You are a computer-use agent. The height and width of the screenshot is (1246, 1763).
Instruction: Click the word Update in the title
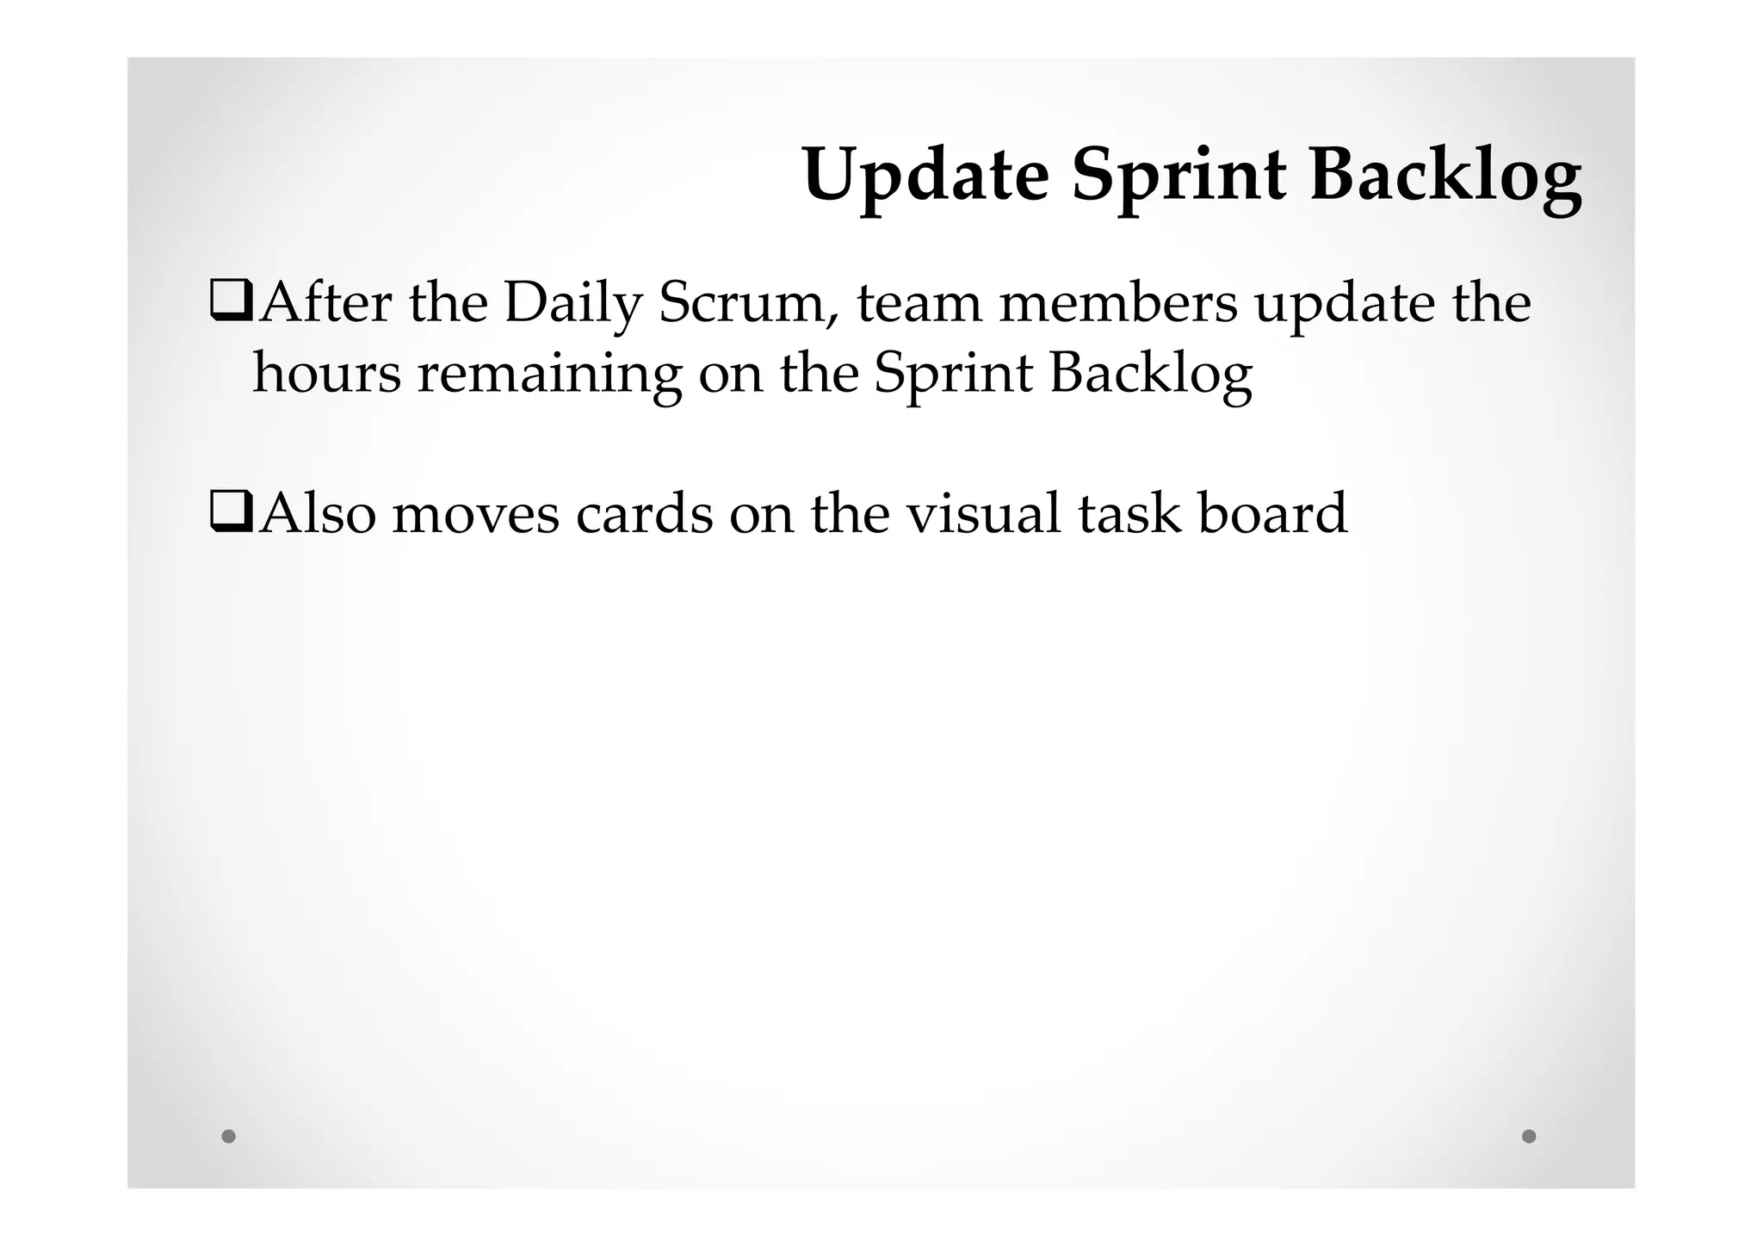click(925, 177)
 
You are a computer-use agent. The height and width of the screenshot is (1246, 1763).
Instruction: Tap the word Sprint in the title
click(1178, 177)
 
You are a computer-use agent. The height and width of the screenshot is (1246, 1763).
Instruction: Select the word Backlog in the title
click(1445, 177)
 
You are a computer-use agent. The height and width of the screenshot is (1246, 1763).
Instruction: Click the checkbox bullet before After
click(231, 304)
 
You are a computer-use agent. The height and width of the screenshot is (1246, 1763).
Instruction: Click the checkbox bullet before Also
click(231, 513)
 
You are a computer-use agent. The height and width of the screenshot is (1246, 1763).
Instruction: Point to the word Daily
click(573, 304)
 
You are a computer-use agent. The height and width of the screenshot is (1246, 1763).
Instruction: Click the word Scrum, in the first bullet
click(748, 304)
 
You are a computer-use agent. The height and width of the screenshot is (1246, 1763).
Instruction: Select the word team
click(919, 304)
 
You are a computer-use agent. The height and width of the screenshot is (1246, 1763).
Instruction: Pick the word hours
click(327, 374)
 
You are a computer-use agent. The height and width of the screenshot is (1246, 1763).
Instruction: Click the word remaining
click(550, 374)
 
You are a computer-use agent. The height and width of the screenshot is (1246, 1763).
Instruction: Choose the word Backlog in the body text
click(1150, 374)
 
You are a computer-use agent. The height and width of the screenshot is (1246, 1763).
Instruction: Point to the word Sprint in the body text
click(953, 374)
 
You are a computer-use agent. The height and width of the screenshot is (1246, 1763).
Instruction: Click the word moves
click(475, 515)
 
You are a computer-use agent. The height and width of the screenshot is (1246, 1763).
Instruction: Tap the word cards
click(644, 515)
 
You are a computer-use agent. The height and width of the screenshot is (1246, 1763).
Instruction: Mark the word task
click(1129, 515)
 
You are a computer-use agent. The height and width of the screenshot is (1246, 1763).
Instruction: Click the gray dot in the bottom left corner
click(228, 1136)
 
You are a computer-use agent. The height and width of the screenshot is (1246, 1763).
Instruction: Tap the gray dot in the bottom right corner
click(1529, 1136)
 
